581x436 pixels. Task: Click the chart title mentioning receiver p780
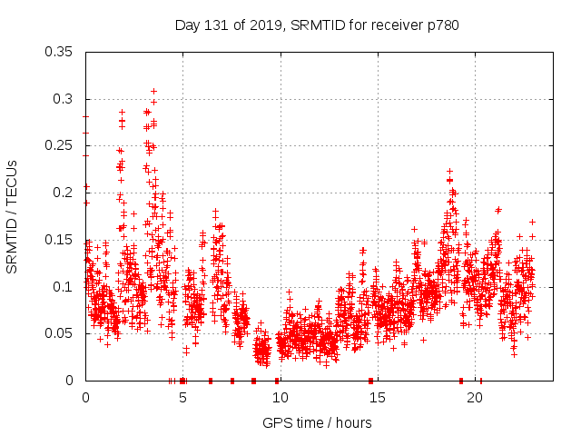(x=317, y=25)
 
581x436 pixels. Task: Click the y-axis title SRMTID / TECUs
(x=13, y=216)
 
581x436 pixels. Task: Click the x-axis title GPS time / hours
(x=317, y=422)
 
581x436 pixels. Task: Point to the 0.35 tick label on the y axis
(x=59, y=52)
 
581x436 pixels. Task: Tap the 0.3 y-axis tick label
(x=63, y=99)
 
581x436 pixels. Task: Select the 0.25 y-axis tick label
(x=59, y=145)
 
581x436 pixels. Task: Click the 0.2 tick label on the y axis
(x=63, y=193)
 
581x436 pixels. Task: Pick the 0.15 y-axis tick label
(x=59, y=240)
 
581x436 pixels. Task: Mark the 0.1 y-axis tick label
(x=63, y=287)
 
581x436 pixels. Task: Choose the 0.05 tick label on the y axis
(x=59, y=333)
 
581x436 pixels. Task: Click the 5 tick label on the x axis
(x=182, y=398)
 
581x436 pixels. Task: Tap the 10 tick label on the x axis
(x=280, y=398)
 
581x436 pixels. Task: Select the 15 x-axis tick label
(x=377, y=398)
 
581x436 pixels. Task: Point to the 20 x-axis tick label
(x=474, y=398)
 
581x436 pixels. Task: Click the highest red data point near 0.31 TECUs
(x=154, y=91)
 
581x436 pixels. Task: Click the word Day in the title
(x=187, y=25)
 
